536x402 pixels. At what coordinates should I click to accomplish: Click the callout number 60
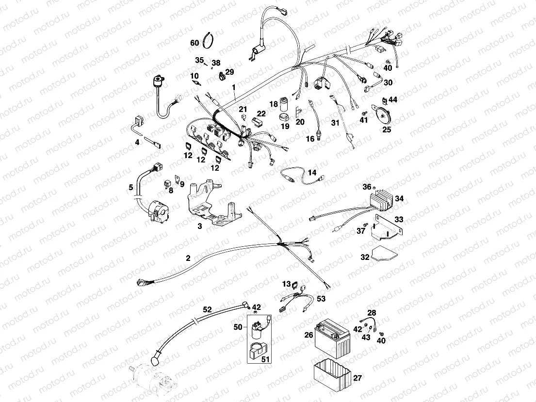tap(195, 43)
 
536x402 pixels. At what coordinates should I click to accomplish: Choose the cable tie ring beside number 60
tap(209, 40)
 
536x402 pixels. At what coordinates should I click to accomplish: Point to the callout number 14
tap(312, 173)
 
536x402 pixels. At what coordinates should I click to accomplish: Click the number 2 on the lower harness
tap(188, 258)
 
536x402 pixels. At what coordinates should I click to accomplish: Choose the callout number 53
tap(321, 299)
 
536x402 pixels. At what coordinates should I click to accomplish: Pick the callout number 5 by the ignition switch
tap(130, 187)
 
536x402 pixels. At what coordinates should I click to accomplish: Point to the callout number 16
tap(310, 138)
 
